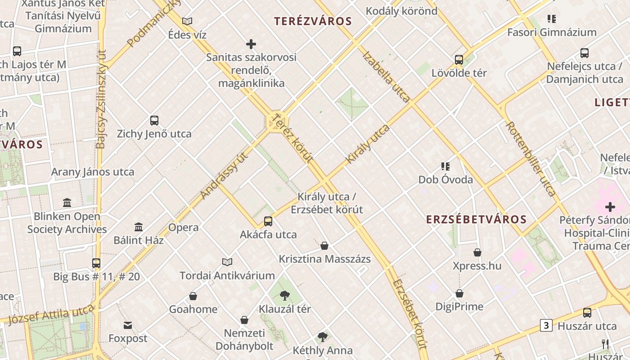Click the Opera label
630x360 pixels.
point(184,227)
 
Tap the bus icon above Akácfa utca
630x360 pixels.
point(268,221)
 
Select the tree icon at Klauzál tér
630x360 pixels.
point(284,296)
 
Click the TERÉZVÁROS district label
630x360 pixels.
point(313,21)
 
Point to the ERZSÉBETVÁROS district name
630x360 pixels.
point(476,220)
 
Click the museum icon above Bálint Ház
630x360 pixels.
point(139,227)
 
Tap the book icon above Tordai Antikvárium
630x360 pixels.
point(227,262)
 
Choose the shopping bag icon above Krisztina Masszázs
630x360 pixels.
point(324,246)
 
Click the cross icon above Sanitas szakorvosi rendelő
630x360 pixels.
point(251,44)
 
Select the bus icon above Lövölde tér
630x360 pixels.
point(459,59)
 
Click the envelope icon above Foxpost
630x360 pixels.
point(128,325)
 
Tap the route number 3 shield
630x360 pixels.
point(546,325)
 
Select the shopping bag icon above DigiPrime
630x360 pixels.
point(459,293)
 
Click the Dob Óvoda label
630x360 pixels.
point(445,180)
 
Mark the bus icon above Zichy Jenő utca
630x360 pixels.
point(154,121)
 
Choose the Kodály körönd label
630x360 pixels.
point(401,11)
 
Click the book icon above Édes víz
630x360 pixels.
point(187,21)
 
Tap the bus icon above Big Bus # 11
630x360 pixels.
point(96,263)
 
